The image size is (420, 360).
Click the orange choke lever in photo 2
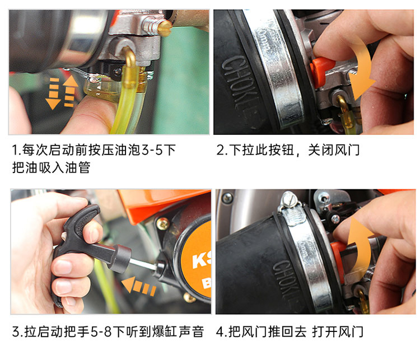(322, 70)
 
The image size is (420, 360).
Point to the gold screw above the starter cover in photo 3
(163, 224)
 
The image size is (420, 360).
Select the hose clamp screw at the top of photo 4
(289, 199)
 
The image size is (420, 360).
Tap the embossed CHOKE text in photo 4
(285, 280)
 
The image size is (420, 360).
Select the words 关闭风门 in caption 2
(334, 150)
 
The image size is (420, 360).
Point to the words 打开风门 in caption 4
(338, 331)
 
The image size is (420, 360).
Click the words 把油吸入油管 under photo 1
(51, 167)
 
